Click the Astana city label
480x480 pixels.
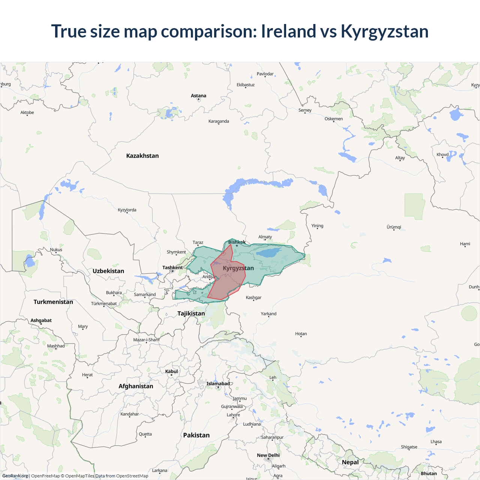click(198, 96)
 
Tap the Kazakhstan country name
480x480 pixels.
click(142, 156)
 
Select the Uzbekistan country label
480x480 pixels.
click(108, 271)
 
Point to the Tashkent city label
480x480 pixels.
click(172, 267)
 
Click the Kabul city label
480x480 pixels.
click(171, 371)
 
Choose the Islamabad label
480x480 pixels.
click(218, 383)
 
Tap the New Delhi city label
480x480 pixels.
click(268, 455)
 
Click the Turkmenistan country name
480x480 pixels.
click(53, 302)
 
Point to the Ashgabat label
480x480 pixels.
click(41, 320)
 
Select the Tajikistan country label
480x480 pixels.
click(191, 313)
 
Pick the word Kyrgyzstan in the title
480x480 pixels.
click(384, 31)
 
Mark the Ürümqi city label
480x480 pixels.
click(394, 227)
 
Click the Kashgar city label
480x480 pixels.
click(253, 297)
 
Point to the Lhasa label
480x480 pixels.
click(436, 441)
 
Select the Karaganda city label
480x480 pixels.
click(219, 121)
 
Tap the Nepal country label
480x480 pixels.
click(350, 462)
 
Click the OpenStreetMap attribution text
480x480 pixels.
click(132, 476)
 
